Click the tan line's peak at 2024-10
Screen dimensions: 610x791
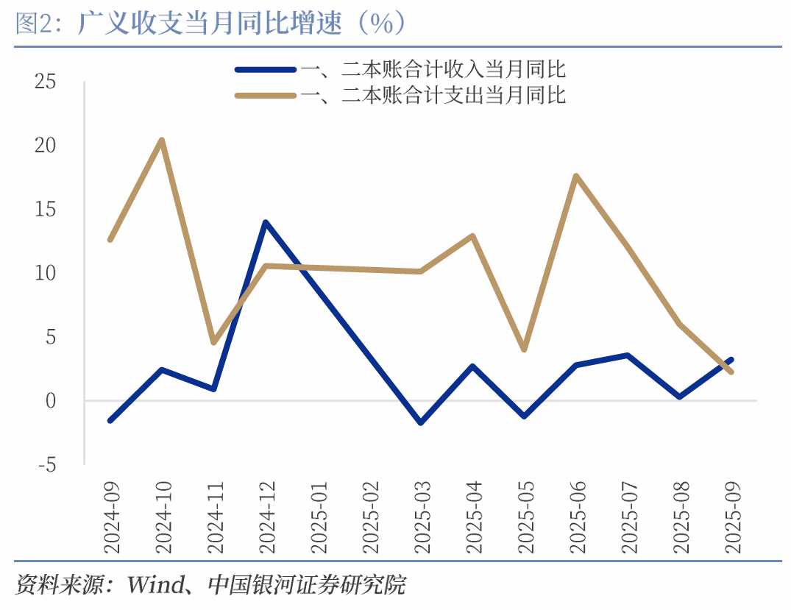(x=162, y=141)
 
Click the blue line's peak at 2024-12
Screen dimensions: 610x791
(x=265, y=222)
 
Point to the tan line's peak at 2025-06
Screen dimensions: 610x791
(x=575, y=176)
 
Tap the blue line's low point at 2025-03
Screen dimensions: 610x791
(x=420, y=422)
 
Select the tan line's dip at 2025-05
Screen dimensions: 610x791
(x=524, y=350)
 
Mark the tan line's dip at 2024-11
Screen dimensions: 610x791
(x=213, y=342)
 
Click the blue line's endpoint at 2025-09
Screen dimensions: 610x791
(x=731, y=360)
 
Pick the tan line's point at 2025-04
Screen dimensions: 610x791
(x=472, y=236)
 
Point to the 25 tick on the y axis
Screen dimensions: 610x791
(x=46, y=82)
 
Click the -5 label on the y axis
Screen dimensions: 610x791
(x=46, y=465)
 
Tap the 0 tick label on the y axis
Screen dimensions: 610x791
(x=51, y=401)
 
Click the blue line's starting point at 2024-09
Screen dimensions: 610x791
(x=110, y=420)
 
